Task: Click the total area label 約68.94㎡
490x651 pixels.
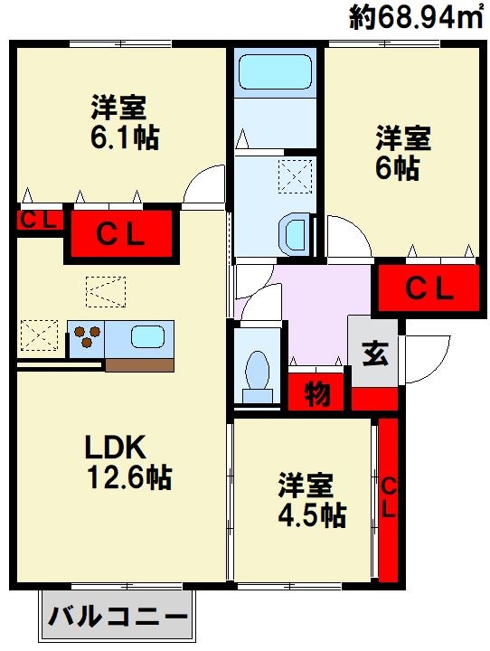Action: coord(417,17)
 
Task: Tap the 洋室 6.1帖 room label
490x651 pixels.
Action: coord(125,123)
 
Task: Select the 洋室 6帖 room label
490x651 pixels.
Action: coord(403,153)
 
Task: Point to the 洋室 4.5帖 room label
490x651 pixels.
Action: coord(311,500)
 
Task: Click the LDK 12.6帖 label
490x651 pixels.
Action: coord(128,462)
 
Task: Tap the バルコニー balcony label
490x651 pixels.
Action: coord(118,617)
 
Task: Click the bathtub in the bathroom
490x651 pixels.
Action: coord(276,72)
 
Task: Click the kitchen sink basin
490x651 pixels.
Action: coord(148,336)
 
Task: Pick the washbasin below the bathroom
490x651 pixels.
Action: coord(296,234)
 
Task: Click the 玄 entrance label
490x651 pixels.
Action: coord(375,354)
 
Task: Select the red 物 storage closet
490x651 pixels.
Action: coord(316,392)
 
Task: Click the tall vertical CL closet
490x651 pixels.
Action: coord(388,500)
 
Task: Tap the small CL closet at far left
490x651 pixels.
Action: coord(39,221)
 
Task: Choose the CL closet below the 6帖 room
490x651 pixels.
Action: coord(429,288)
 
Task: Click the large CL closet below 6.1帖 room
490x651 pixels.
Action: coord(121,234)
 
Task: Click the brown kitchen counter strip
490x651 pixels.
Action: coord(139,365)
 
